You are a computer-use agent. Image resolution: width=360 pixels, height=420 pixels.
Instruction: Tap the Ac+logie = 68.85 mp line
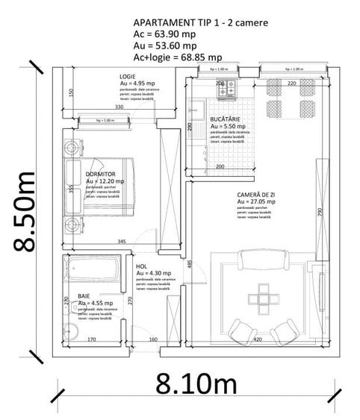[177, 57]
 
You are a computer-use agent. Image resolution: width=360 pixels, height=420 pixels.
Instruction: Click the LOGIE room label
[128, 77]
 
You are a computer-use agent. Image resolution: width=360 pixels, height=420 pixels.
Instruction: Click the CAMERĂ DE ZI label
[259, 193]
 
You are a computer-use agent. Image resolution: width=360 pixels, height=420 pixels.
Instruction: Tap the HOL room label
[141, 266]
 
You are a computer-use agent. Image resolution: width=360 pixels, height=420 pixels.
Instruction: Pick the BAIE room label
[84, 296]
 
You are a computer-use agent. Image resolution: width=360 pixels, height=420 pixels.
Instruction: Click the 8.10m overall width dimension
[194, 385]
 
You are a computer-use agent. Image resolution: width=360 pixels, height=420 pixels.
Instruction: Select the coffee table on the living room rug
[264, 297]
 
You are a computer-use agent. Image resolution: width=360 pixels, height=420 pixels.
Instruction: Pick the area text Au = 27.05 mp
[256, 201]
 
